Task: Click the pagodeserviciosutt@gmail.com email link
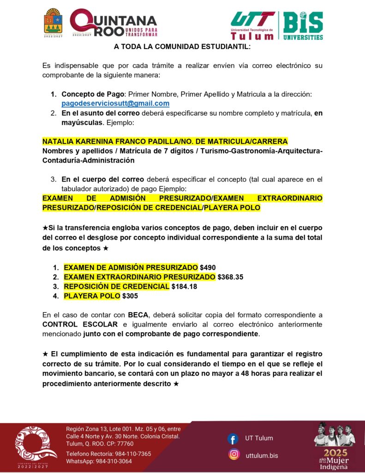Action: tap(115, 103)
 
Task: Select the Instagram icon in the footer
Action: tap(234, 455)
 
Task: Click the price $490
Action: tap(208, 267)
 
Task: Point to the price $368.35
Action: tap(230, 277)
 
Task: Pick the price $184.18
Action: tap(184, 286)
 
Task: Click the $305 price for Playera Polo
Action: tap(130, 296)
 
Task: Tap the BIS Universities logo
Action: tap(303, 25)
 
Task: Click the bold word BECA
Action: tap(138, 315)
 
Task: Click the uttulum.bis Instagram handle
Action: tap(262, 455)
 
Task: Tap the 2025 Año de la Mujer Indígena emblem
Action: tap(335, 446)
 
